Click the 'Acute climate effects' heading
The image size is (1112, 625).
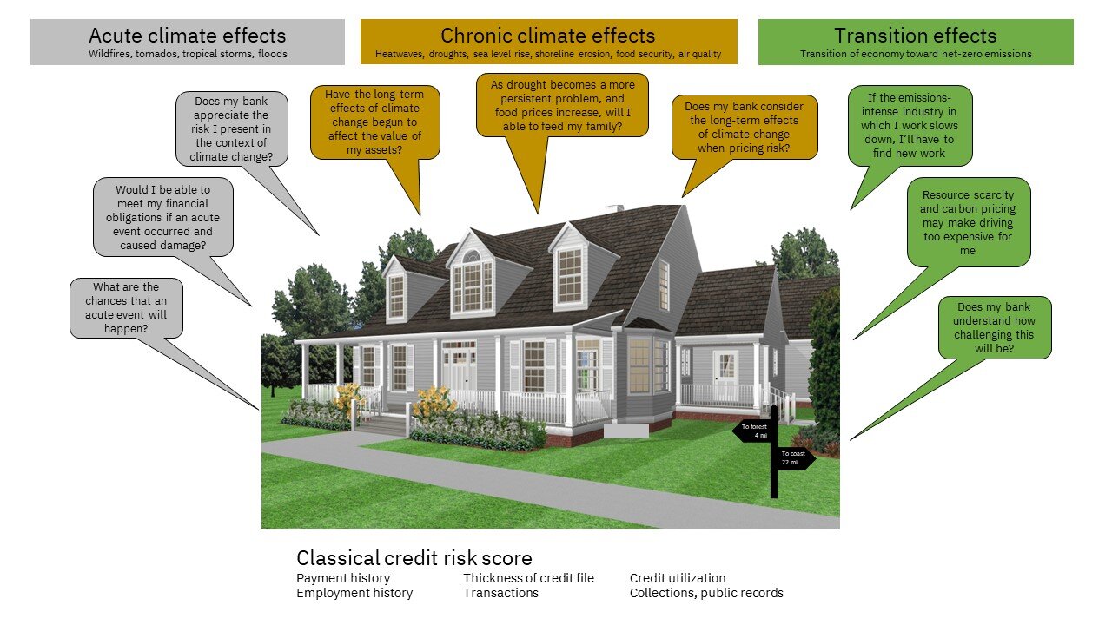[x=187, y=36]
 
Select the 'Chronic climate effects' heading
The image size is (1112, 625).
[x=548, y=36]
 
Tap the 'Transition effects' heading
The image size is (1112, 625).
[x=916, y=36]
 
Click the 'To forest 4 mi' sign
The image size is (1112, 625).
[x=753, y=431]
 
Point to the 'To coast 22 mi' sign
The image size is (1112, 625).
[x=794, y=457]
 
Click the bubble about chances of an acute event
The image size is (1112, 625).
[x=126, y=308]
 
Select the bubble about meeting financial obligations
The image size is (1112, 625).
[x=162, y=217]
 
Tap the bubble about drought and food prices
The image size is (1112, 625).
[x=562, y=105]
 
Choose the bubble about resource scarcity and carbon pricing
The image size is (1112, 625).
[x=968, y=222]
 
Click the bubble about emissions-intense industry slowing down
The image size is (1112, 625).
[x=910, y=126]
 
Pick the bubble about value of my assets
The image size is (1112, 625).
[x=374, y=122]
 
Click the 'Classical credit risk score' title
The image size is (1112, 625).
[x=414, y=558]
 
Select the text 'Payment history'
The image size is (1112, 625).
[x=343, y=578]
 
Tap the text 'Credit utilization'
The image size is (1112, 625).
[x=678, y=578]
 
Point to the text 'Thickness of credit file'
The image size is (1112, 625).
[x=528, y=578]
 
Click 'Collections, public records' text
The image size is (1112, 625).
[x=706, y=593]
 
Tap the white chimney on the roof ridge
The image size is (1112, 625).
[x=614, y=208]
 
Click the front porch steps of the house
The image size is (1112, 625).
[x=385, y=425]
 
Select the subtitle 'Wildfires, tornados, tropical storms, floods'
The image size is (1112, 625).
[x=188, y=54]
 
